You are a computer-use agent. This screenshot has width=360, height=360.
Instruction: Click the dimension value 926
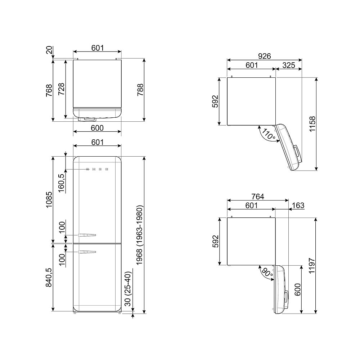tap(264, 56)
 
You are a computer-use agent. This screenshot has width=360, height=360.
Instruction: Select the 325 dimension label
tap(288, 65)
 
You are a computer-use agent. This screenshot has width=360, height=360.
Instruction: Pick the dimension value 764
tap(258, 196)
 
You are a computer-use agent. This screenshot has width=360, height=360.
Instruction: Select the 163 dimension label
tap(298, 206)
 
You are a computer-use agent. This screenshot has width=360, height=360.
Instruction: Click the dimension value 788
tap(140, 90)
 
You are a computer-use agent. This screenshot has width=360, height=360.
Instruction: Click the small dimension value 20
tap(49, 50)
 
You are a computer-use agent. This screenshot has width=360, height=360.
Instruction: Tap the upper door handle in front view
tap(87, 235)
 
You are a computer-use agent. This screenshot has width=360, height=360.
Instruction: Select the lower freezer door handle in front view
tap(87, 251)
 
